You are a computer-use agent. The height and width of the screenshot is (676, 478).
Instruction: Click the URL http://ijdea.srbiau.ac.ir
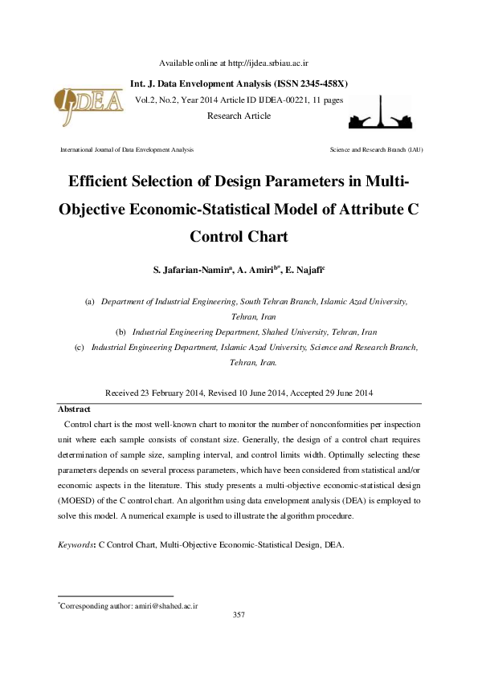point(270,63)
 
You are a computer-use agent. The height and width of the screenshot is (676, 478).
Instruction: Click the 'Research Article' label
point(239,116)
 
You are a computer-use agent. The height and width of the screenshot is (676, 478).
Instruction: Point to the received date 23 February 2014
point(172,393)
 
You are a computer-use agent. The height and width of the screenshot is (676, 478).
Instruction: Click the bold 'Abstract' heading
point(74,409)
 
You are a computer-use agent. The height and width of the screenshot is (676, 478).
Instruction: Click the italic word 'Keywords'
point(76,544)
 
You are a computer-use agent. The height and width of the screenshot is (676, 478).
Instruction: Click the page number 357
point(239,615)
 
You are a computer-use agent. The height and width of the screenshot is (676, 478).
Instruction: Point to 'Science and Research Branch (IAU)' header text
point(377,150)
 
